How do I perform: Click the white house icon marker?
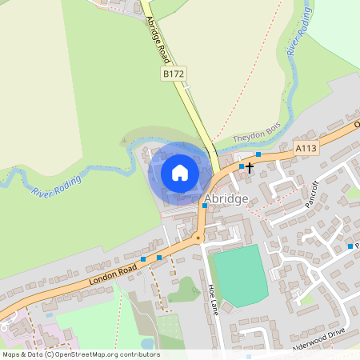coord(180,172)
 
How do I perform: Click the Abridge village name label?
coord(226,198)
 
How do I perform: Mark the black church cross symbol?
coord(250,167)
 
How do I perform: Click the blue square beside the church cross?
coord(242,166)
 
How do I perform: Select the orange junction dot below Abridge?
coord(198,238)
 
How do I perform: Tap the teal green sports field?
coord(239,274)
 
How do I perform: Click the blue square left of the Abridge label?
coord(205,206)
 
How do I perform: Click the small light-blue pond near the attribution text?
coord(147,344)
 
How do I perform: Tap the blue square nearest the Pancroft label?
coord(350,246)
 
